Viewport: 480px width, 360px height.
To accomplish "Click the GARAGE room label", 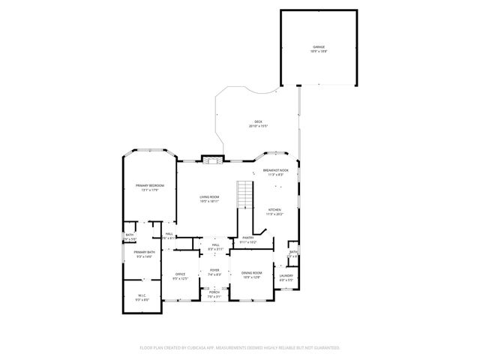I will [x=319, y=46].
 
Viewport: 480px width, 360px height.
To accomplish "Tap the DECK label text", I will [x=258, y=122].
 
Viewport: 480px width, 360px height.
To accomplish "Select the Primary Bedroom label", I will [x=149, y=185].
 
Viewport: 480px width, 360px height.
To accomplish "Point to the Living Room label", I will [x=209, y=196].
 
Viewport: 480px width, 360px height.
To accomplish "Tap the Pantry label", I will [x=248, y=238].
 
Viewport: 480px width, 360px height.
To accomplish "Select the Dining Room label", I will [x=251, y=273].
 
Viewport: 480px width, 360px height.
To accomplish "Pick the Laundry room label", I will [x=286, y=276].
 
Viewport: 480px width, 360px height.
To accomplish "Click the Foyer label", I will [x=214, y=270].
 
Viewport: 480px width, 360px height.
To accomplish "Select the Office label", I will [x=180, y=274].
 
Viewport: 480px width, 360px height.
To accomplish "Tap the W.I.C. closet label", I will [x=142, y=295].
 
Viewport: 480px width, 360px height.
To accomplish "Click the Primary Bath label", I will [x=144, y=252].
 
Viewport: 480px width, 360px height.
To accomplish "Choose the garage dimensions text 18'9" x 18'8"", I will [x=319, y=51].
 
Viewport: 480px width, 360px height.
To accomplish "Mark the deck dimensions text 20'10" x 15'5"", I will [x=258, y=127].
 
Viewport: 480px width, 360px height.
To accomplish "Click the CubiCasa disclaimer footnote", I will [x=240, y=347].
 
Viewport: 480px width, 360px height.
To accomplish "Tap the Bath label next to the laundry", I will [x=293, y=252].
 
